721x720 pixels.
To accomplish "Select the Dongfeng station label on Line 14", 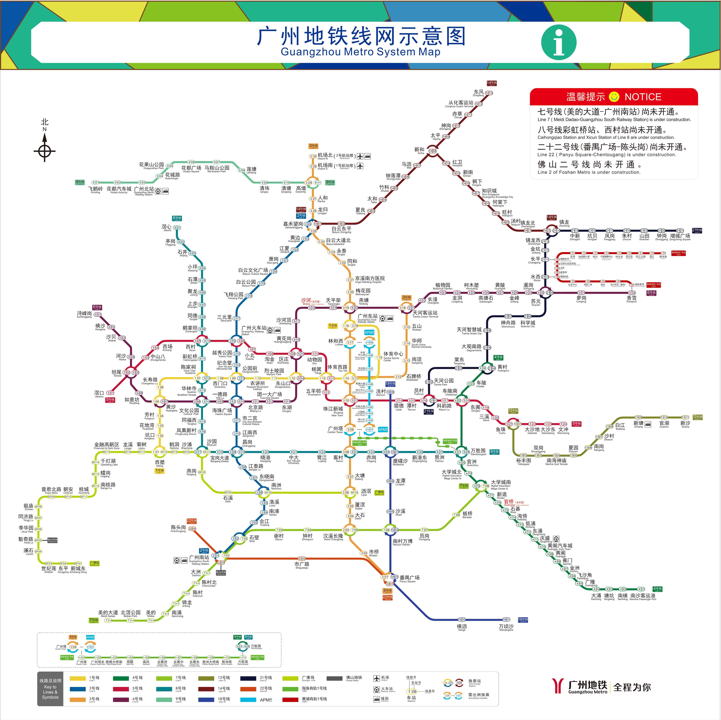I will click(478, 93).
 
